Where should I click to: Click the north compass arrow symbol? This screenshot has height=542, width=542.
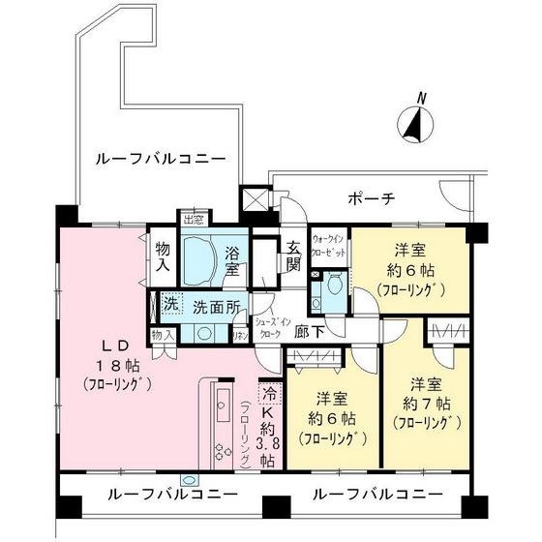(415, 124)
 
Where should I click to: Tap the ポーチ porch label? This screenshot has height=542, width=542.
(371, 199)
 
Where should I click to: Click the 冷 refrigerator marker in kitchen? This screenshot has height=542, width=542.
(268, 395)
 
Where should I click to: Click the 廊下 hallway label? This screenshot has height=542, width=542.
(309, 329)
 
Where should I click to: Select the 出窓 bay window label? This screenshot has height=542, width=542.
(194, 218)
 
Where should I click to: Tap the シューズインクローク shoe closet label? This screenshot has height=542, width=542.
(267, 327)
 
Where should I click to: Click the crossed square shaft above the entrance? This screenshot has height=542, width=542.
(256, 201)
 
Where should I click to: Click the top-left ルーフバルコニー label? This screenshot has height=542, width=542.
(160, 158)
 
